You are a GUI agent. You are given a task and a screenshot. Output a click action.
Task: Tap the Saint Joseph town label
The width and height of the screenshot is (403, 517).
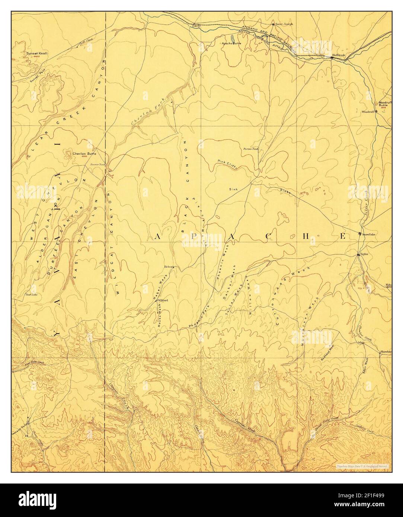284,24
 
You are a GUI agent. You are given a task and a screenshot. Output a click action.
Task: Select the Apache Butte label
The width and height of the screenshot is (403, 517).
232,44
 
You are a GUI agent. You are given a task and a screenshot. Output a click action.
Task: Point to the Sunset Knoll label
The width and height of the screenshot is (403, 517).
37,54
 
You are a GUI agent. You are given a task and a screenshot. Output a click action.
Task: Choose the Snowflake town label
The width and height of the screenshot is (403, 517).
369,234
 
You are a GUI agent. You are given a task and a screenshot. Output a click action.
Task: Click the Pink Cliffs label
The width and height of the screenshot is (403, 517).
227,164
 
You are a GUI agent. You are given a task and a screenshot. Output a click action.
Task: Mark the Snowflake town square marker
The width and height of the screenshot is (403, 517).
359,234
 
